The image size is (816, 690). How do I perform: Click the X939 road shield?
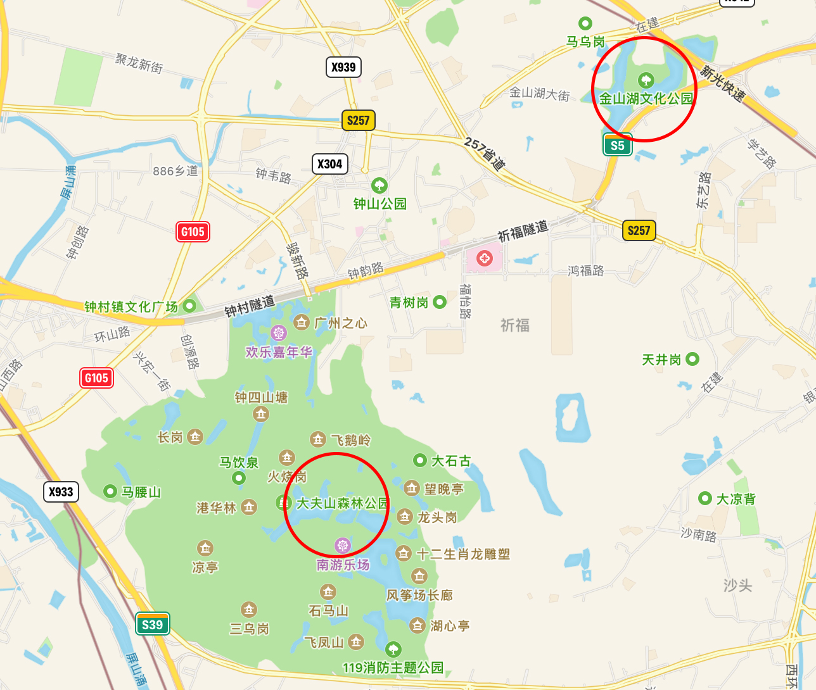pyautogui.click(x=343, y=67)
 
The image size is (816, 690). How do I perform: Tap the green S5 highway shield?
pyautogui.click(x=617, y=145)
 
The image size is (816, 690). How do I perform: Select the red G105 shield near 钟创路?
pyautogui.click(x=193, y=232)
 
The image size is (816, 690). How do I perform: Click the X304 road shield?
pyautogui.click(x=329, y=164)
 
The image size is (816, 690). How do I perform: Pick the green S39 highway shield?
pyautogui.click(x=152, y=624)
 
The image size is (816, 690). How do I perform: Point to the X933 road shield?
pyautogui.click(x=61, y=492)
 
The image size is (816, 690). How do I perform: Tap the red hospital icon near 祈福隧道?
pyautogui.click(x=485, y=258)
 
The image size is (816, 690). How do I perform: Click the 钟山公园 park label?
pyautogui.click(x=379, y=203)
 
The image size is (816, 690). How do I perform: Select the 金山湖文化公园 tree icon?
pyautogui.click(x=646, y=80)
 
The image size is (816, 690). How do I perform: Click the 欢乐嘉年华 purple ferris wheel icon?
pyautogui.click(x=278, y=332)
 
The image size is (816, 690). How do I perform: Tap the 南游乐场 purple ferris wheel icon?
pyautogui.click(x=342, y=545)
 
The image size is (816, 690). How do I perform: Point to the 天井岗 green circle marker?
pyautogui.click(x=692, y=359)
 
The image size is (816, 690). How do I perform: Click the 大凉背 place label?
pyautogui.click(x=736, y=499)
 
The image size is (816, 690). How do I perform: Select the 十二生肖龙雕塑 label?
pyautogui.click(x=463, y=554)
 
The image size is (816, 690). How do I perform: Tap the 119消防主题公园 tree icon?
pyautogui.click(x=393, y=649)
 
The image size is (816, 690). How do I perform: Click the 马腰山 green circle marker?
pyautogui.click(x=110, y=491)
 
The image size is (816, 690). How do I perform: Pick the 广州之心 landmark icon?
pyautogui.click(x=302, y=322)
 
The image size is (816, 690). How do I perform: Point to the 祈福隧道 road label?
pyautogui.click(x=523, y=231)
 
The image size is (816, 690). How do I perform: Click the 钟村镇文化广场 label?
pyautogui.click(x=131, y=307)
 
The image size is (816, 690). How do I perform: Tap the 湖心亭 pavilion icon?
pyautogui.click(x=417, y=625)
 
